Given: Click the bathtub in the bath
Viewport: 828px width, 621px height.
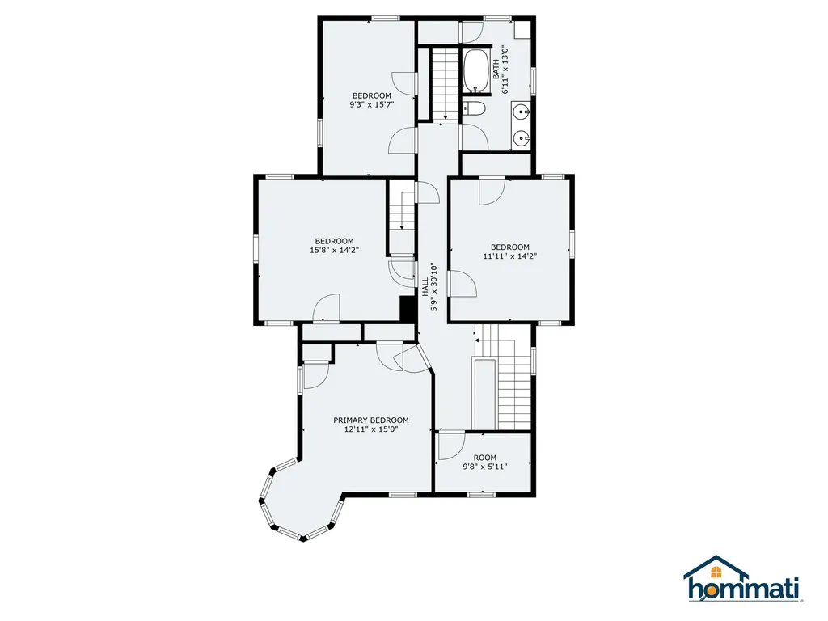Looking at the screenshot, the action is pos(478,71).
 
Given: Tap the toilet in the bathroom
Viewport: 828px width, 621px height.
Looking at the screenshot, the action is pos(474,109).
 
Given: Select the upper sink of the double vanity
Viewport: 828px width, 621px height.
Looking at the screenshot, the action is pos(522,112).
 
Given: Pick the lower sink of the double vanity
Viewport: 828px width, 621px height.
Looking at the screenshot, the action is pos(522,138).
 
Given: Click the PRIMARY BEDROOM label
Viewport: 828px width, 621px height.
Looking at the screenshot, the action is pos(370,420).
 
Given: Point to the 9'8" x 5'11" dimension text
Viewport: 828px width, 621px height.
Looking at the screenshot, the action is pos(485,467).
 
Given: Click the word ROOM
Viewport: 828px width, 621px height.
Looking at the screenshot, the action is pos(485,458).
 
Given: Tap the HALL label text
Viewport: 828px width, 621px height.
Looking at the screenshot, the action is pos(425,287).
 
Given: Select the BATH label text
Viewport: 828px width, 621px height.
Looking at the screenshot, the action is pos(496,70).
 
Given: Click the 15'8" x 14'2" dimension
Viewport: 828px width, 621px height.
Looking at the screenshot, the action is pos(334,251).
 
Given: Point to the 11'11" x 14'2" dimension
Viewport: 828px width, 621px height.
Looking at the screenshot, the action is pos(510,256).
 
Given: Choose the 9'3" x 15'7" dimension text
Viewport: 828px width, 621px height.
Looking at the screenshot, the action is pos(372,104).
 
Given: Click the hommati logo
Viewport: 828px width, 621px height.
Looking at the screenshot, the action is pos(743,579).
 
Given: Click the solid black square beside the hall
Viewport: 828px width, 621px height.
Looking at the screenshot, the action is pos(408,308).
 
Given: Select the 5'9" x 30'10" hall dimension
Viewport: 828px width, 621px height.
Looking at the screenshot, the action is pos(434,287).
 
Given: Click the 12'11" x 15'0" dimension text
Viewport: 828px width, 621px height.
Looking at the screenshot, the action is pos(370,429).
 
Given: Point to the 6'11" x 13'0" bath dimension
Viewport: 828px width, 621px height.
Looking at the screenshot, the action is pos(505,70).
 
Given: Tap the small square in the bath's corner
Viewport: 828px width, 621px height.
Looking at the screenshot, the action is pos(523,30).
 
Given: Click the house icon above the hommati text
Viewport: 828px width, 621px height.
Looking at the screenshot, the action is pos(716,568).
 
